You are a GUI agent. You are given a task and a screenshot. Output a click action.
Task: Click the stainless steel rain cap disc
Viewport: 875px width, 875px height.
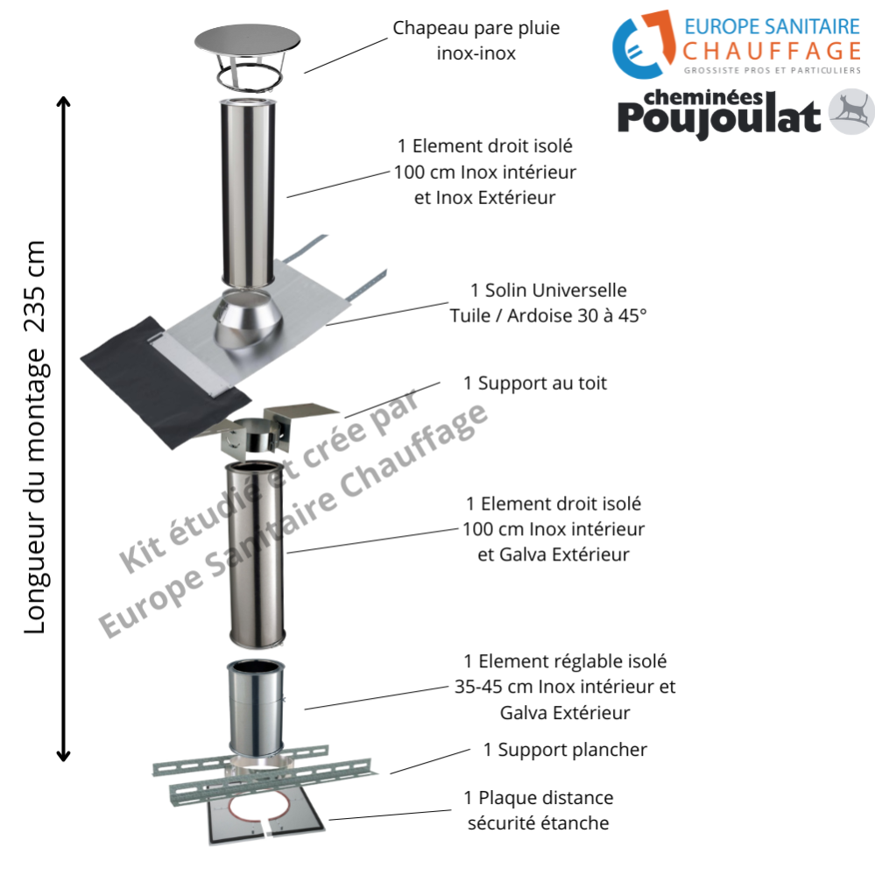click(247, 40)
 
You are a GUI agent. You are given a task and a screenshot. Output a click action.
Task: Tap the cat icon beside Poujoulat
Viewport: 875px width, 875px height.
click(851, 111)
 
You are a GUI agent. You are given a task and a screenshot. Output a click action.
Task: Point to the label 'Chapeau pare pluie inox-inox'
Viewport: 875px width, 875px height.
click(476, 40)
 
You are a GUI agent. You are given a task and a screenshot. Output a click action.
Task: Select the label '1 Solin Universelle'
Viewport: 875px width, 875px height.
click(548, 290)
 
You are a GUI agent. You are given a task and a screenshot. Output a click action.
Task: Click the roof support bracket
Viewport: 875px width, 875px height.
click(255, 429)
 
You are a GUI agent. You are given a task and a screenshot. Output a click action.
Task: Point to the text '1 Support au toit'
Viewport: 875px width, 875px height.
click(535, 383)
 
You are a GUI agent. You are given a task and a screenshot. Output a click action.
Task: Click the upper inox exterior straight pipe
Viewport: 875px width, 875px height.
click(249, 193)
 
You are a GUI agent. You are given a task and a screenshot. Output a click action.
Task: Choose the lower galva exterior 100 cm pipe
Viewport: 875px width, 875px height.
click(256, 552)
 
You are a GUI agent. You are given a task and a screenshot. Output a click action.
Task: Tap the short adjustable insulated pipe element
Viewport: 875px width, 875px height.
click(257, 705)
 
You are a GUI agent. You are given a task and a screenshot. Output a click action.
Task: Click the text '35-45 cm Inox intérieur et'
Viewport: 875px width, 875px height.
click(565, 687)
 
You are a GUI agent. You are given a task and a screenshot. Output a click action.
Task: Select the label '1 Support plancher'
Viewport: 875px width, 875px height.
click(565, 750)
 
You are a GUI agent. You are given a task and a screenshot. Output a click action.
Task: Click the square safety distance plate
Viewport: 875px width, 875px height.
click(263, 820)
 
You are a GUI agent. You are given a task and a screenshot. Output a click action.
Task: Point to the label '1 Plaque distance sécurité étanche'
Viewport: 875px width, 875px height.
click(538, 810)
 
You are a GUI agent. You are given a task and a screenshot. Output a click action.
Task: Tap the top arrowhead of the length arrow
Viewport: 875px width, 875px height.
click(63, 103)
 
